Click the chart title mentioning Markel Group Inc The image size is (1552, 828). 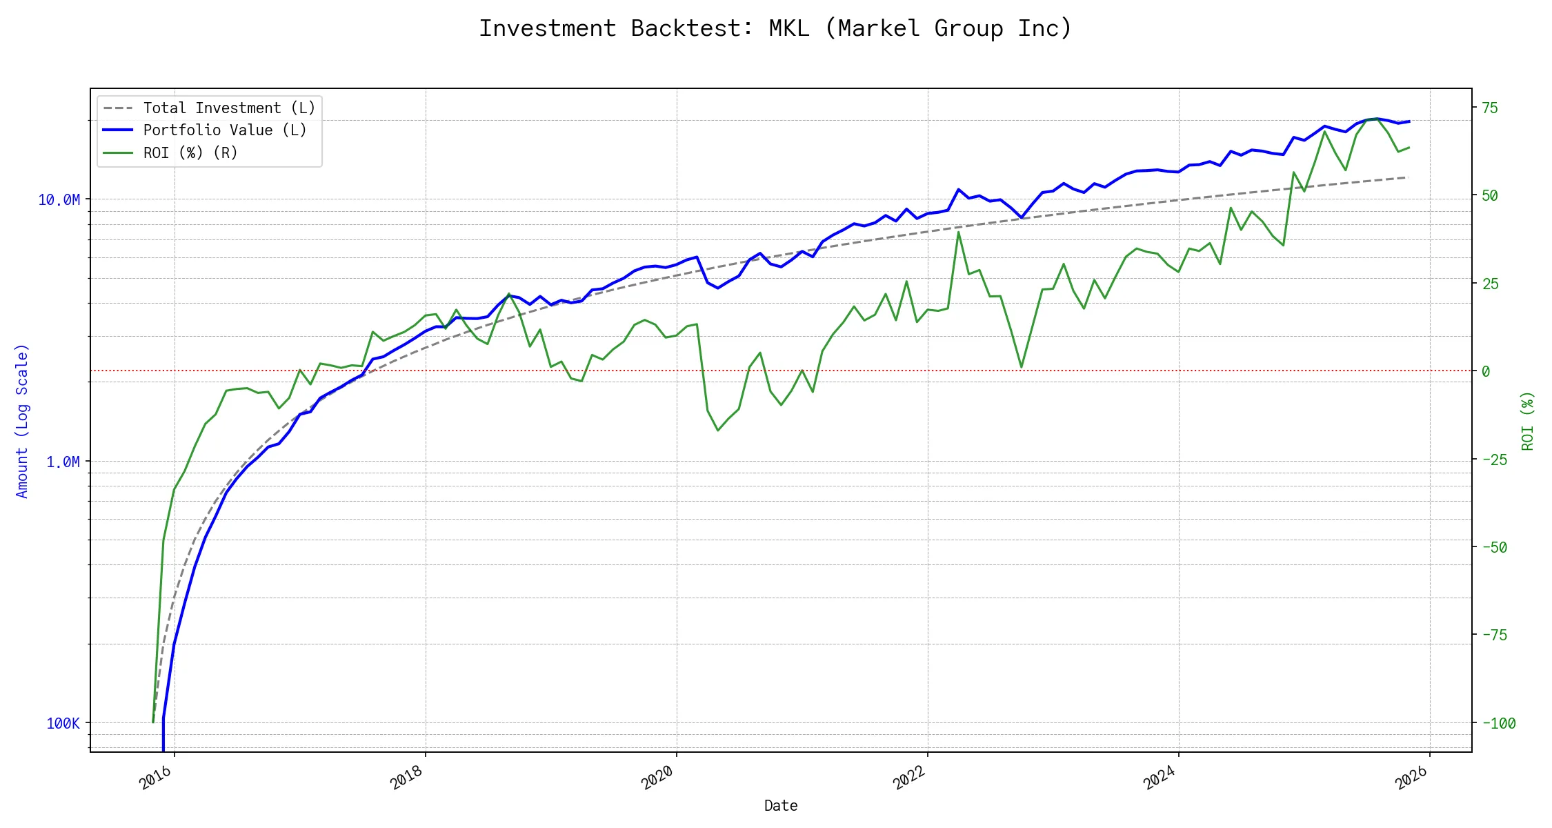[x=775, y=28]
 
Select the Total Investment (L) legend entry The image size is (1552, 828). [x=228, y=108]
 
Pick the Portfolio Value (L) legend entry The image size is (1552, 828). [x=224, y=130]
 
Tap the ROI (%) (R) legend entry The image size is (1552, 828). [x=190, y=152]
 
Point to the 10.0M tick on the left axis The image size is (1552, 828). [x=59, y=200]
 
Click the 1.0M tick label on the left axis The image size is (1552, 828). [x=63, y=462]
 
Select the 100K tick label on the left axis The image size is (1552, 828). [x=63, y=723]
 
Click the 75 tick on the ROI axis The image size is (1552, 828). [x=1490, y=108]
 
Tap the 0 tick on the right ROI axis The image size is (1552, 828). [x=1486, y=371]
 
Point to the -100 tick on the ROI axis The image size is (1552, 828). [x=1499, y=723]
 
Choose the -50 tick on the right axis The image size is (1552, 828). [x=1495, y=547]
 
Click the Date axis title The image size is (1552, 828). [x=781, y=805]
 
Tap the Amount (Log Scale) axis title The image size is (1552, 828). [x=22, y=421]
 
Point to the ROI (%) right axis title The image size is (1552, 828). [x=1527, y=421]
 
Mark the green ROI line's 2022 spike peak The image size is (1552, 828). [x=958, y=232]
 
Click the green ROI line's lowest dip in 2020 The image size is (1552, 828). [x=718, y=431]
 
